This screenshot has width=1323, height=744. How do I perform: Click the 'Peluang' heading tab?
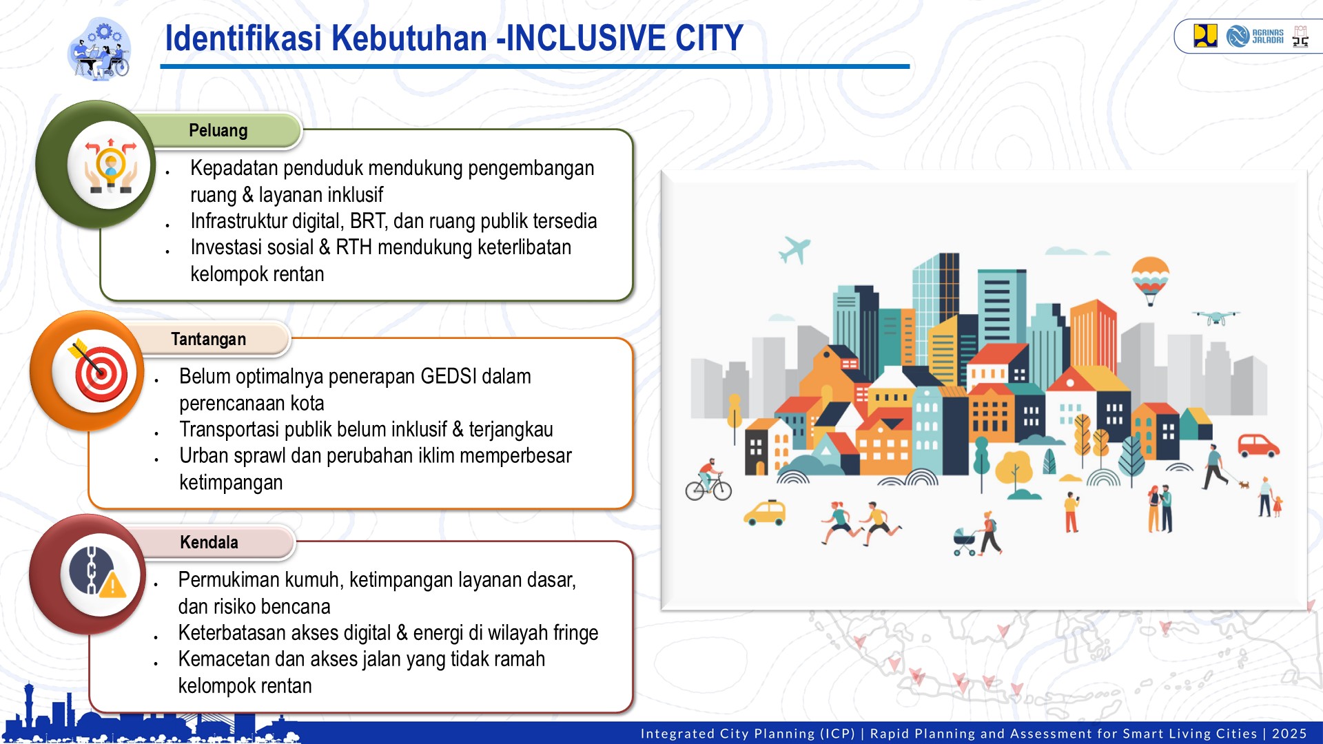tap(218, 130)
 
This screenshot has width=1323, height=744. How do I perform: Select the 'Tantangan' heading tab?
tap(208, 339)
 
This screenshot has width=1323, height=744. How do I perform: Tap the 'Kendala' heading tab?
tap(209, 542)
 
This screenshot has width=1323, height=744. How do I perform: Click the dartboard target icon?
tap(99, 372)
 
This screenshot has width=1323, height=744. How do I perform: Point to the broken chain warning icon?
tap(99, 573)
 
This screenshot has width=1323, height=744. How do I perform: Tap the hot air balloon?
tap(1150, 278)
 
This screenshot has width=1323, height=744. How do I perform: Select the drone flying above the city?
tap(1216, 317)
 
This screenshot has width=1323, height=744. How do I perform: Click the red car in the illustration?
tap(1258, 445)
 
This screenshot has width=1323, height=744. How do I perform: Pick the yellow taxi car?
tap(765, 513)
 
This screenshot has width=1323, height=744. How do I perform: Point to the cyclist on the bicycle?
tap(708, 481)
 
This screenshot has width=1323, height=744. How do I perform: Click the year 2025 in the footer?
tap(1289, 734)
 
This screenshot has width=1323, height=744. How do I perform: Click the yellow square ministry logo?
tap(1205, 35)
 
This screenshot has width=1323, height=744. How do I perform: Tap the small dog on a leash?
tap(1244, 484)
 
